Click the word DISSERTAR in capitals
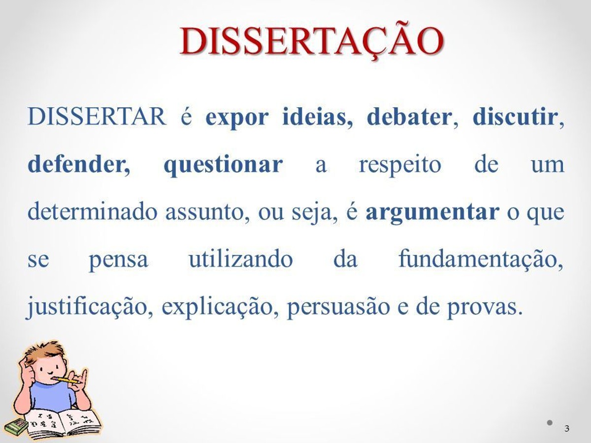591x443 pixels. (97, 117)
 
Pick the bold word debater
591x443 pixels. (409, 117)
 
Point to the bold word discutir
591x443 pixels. (514, 117)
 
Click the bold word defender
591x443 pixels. (79, 164)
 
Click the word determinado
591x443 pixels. (93, 212)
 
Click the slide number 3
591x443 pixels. (566, 428)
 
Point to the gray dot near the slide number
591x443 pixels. (550, 422)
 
